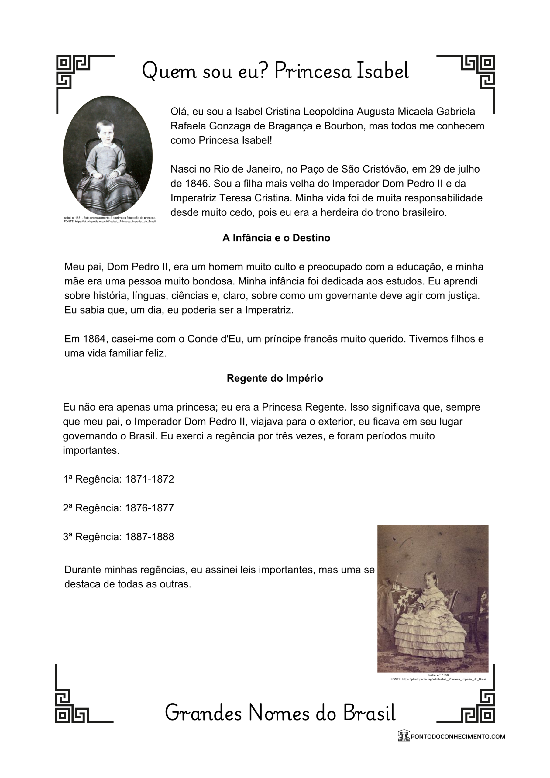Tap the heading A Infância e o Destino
[276, 238]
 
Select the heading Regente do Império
[275, 378]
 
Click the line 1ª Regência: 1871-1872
[119, 479]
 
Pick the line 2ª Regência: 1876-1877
[119, 508]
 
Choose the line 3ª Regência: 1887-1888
[119, 537]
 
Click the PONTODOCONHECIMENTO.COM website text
[458, 736]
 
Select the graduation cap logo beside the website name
[404, 736]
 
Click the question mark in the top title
[264, 71]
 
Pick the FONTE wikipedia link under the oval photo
[109, 222]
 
